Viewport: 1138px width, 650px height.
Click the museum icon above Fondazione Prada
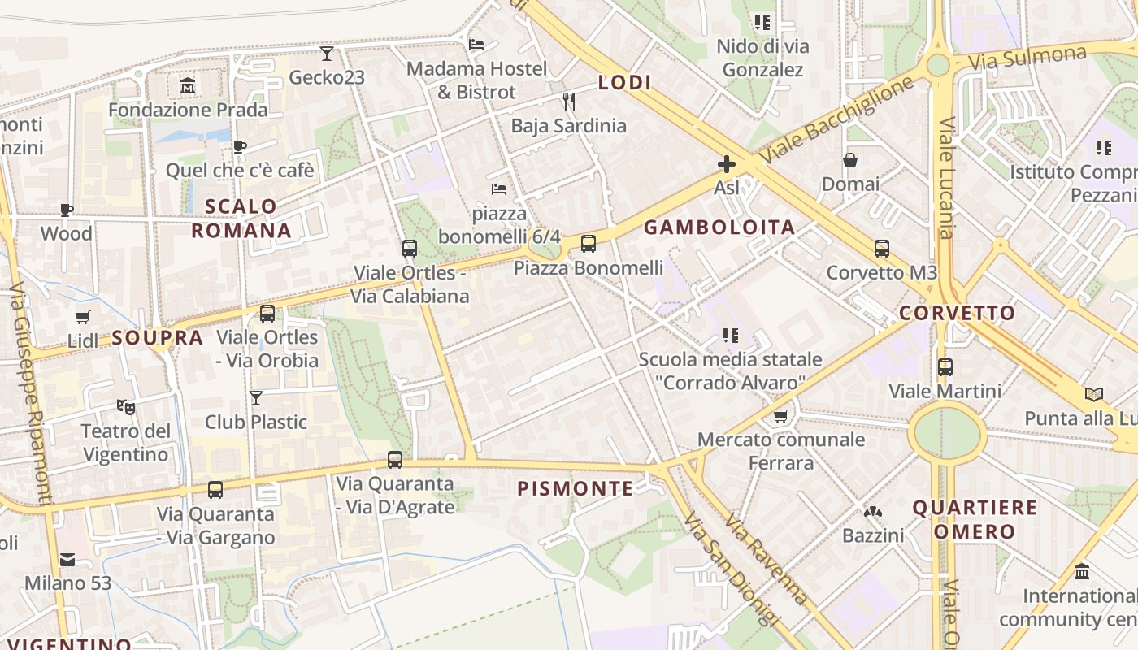point(188,85)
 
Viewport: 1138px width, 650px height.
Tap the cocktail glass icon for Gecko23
point(327,54)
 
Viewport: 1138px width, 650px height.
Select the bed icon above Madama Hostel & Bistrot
point(477,44)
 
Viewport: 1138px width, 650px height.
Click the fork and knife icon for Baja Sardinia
point(569,101)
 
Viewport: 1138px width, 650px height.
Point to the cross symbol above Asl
point(726,165)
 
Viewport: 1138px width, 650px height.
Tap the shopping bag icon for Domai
point(850,160)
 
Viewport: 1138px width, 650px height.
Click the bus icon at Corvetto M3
point(882,249)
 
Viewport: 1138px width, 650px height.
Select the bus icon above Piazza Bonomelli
point(589,243)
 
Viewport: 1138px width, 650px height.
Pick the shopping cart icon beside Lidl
point(82,317)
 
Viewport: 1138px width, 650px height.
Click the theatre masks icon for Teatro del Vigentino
point(125,405)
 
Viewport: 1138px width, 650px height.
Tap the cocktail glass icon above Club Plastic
point(256,397)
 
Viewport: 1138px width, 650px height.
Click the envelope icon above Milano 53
point(67,559)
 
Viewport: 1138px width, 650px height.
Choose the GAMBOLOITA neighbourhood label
point(719,227)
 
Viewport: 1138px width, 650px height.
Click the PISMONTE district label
point(576,488)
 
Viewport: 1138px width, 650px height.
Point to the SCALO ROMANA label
point(241,218)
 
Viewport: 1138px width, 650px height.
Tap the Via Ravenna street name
point(766,561)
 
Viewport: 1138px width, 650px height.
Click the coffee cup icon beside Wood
point(67,210)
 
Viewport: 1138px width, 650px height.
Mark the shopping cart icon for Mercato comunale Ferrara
point(781,416)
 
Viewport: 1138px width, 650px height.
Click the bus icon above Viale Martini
point(945,366)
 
